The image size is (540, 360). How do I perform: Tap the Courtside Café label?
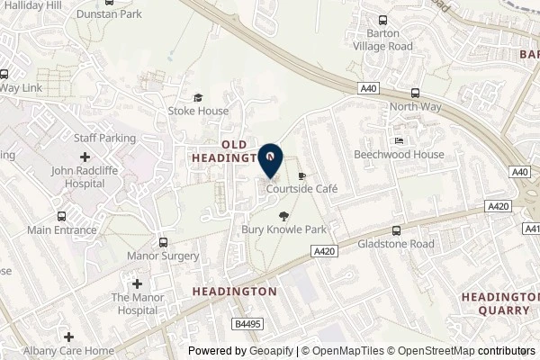click(x=301, y=190)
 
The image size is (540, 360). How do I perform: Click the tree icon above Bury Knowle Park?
click(x=284, y=216)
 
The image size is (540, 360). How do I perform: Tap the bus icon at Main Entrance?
click(x=60, y=216)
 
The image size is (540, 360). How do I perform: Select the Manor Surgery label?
click(x=163, y=256)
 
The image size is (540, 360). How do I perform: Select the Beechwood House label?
click(x=399, y=155)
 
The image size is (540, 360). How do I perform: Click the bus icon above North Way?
click(x=415, y=93)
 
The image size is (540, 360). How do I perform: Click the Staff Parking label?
click(x=104, y=139)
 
